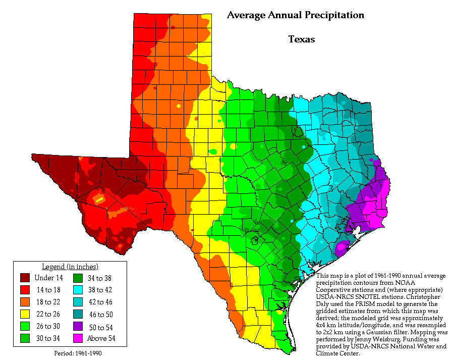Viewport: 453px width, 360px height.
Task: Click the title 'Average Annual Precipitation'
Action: point(295,15)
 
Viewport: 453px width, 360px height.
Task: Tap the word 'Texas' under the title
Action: point(301,39)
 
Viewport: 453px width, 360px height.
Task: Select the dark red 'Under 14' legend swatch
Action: point(25,277)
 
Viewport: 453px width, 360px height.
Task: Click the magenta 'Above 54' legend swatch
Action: point(78,338)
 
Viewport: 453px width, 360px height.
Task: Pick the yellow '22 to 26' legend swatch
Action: point(25,314)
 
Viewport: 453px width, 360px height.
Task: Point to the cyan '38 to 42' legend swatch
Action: point(78,289)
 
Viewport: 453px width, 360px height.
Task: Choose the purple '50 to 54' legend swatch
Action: point(78,326)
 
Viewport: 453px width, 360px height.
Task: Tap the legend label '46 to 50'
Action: point(101,314)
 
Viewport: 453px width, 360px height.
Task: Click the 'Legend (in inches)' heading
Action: point(69,267)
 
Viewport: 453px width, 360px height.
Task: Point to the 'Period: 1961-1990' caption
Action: point(78,353)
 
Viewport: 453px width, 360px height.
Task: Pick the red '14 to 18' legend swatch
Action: point(25,289)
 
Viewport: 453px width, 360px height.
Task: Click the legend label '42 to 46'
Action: point(101,302)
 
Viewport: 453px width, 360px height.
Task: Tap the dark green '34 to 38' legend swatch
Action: point(78,277)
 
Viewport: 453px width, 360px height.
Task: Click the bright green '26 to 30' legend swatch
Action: point(25,326)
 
